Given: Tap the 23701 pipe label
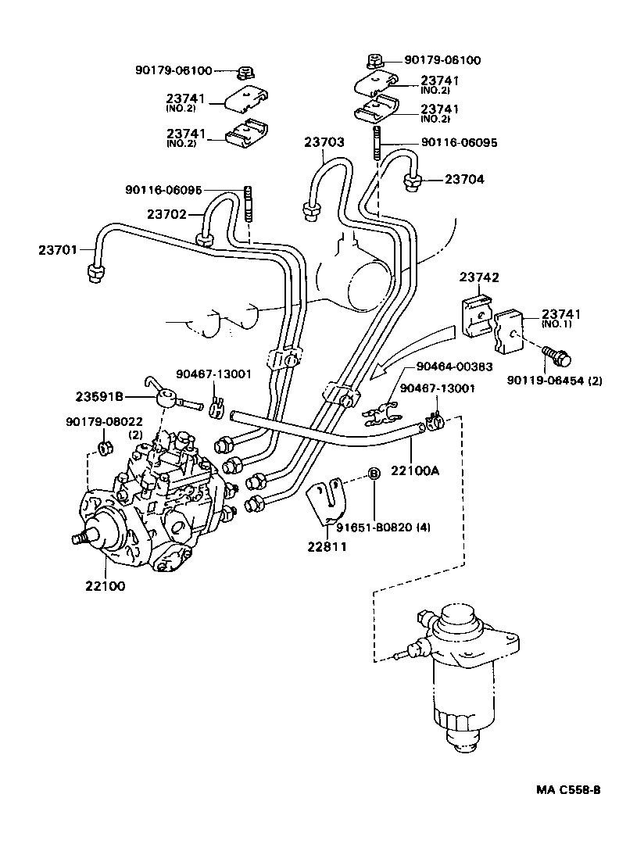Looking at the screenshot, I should pyautogui.click(x=59, y=250).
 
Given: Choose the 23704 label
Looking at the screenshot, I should pyautogui.click(x=464, y=180).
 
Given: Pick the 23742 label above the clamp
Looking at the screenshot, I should pyautogui.click(x=479, y=277).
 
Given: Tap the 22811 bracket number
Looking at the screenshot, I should pyautogui.click(x=328, y=546).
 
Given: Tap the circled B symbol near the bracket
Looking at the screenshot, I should pyautogui.click(x=374, y=474).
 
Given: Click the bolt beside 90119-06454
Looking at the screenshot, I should pyautogui.click(x=558, y=356).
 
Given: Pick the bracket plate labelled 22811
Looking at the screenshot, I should pyautogui.click(x=326, y=504).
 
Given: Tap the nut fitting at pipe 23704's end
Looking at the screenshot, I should pyautogui.click(x=413, y=183).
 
